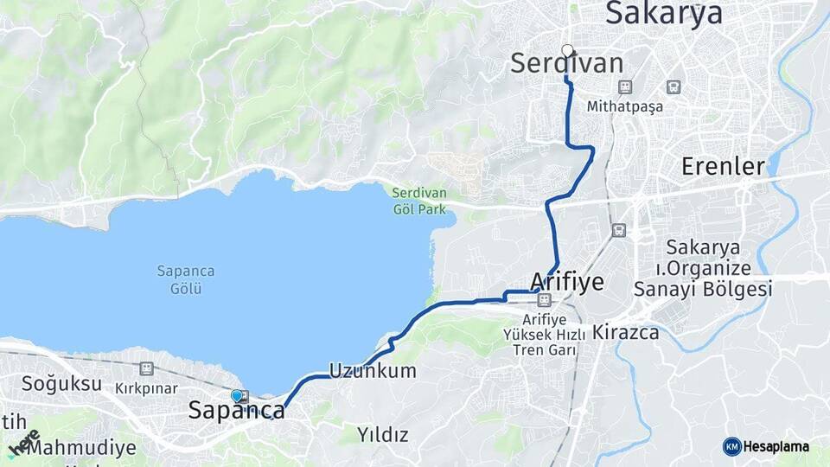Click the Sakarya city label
(x=663, y=14)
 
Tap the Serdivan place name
(x=566, y=63)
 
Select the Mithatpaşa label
(x=623, y=107)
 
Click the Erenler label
(x=723, y=166)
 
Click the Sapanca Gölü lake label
(x=185, y=280)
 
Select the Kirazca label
(x=625, y=332)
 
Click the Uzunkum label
(x=372, y=371)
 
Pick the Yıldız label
(x=383, y=433)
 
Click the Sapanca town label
(x=236, y=412)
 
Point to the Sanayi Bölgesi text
(x=703, y=290)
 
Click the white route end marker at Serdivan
(x=567, y=50)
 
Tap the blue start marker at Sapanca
(x=236, y=395)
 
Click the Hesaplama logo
(x=766, y=446)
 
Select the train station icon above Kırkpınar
(x=147, y=368)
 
